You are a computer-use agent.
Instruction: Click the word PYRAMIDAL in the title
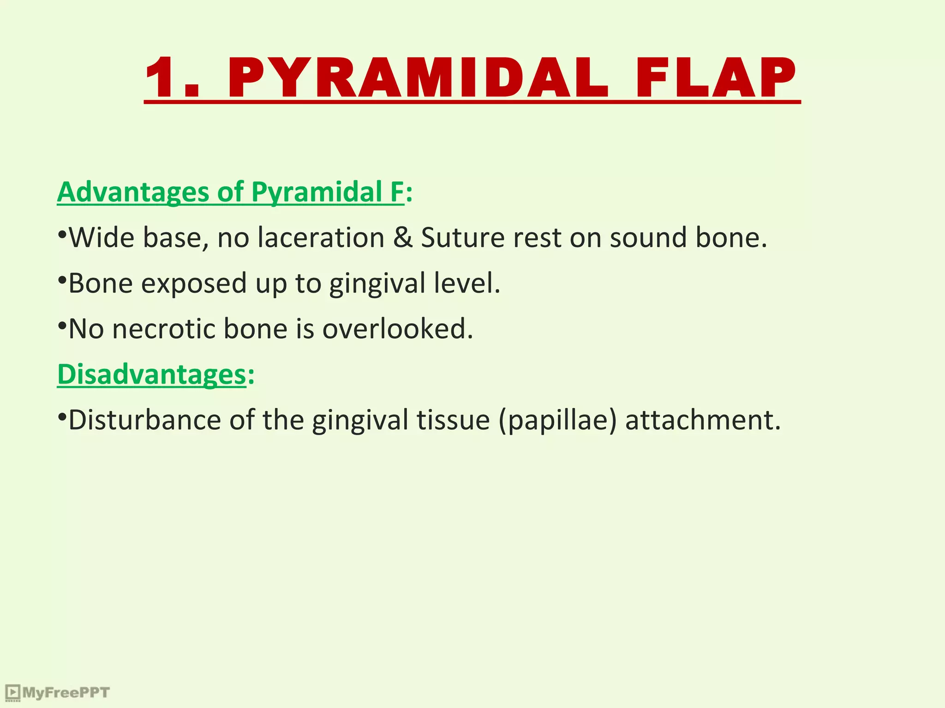pyautogui.click(x=418, y=77)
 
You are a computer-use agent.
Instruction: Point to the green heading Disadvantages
pyautogui.click(x=151, y=374)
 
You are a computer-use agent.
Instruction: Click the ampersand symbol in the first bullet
pyautogui.click(x=403, y=238)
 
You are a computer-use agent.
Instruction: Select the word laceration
pyautogui.click(x=321, y=238)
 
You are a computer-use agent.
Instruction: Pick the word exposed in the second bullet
pyautogui.click(x=194, y=283)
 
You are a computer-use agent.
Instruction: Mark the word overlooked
pyautogui.click(x=397, y=329)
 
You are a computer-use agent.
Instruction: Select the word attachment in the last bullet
pyautogui.click(x=702, y=420)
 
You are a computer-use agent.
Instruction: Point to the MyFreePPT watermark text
pyautogui.click(x=66, y=693)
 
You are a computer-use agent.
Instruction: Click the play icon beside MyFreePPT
pyautogui.click(x=12, y=692)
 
